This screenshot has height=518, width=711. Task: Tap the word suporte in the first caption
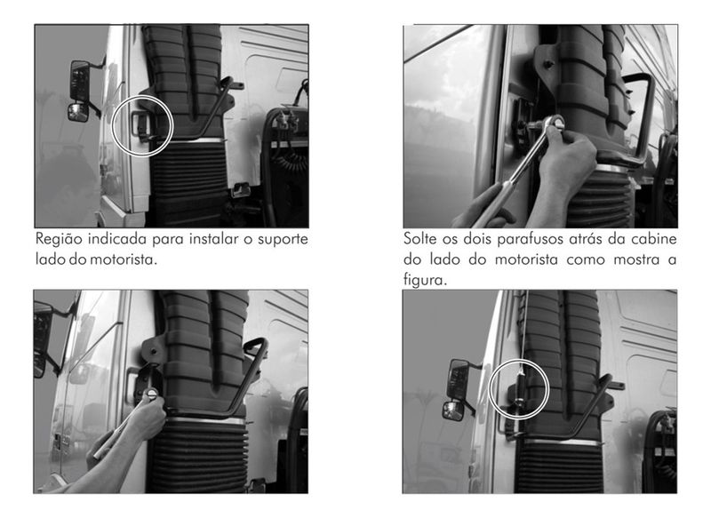coord(283,240)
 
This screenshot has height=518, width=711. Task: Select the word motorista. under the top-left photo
coord(124,259)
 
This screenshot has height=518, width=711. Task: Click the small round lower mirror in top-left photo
coord(77,112)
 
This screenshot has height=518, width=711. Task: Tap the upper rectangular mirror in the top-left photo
coord(80,81)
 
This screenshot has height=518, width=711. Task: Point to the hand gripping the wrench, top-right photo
coord(569,156)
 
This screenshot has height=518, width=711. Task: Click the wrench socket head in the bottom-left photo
coord(151,394)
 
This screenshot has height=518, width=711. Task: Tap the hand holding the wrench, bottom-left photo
coord(145,417)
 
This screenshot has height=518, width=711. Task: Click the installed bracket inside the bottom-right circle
coord(520,390)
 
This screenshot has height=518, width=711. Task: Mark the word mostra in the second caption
coord(632,259)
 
